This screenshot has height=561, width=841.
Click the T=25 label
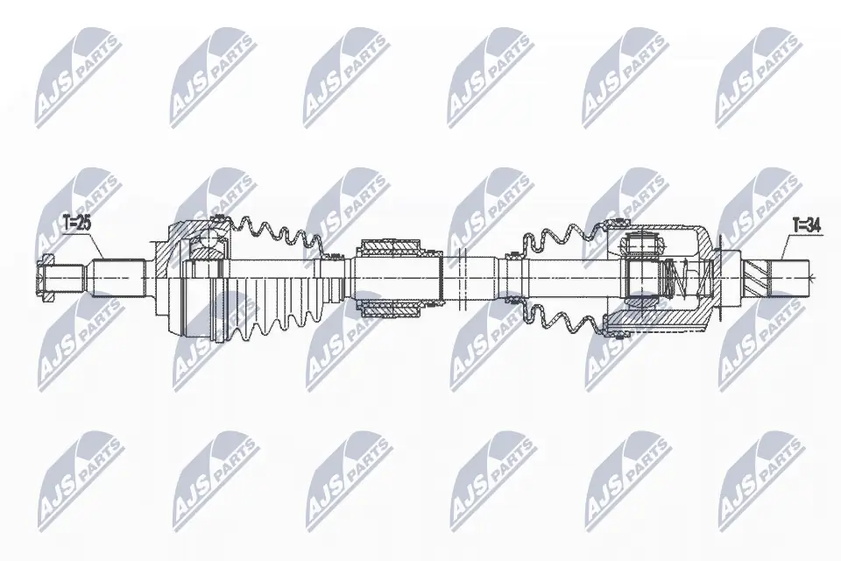[77, 224]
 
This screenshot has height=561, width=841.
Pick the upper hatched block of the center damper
[391, 245]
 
